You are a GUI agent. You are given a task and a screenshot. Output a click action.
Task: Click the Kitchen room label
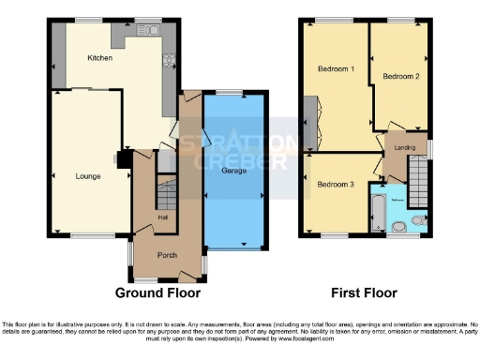(100, 58)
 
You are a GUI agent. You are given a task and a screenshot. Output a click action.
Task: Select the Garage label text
(233, 172)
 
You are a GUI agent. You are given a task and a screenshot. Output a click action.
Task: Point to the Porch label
(167, 254)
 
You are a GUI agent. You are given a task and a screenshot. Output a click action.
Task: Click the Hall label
(162, 217)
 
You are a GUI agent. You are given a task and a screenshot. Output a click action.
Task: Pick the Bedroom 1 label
(335, 69)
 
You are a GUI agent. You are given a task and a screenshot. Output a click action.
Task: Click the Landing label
(405, 146)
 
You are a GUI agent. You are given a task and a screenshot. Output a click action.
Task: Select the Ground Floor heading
(158, 292)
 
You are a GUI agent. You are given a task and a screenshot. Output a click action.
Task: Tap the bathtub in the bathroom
(377, 215)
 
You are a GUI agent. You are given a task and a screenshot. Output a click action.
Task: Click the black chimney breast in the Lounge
(122, 160)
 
